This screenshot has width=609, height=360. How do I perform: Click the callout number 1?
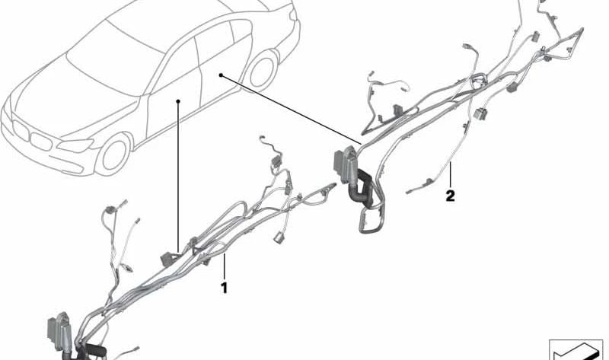[225, 288]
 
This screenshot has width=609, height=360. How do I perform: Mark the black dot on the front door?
[177, 100]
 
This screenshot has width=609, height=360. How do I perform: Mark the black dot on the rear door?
[220, 75]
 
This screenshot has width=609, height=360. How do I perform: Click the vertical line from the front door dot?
[177, 175]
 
